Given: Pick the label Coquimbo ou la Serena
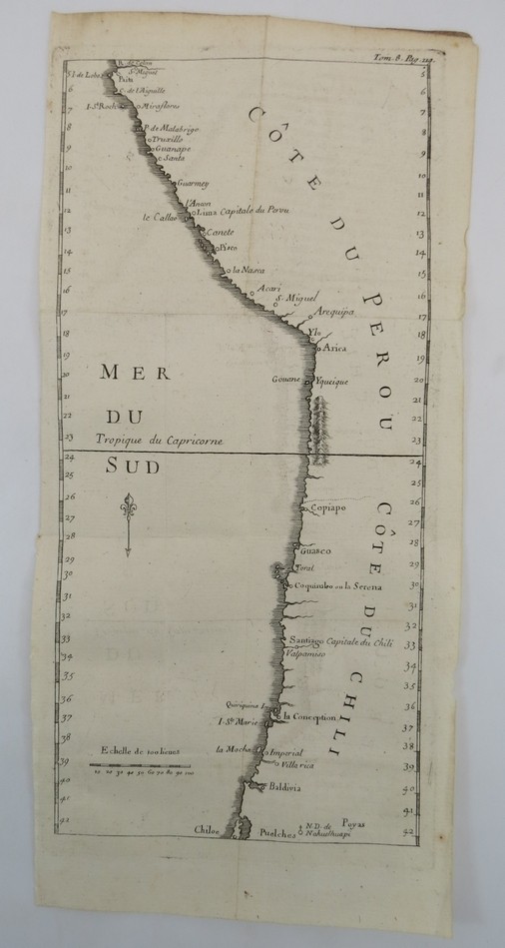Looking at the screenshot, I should coord(338,585).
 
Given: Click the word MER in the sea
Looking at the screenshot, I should coord(126,374).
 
